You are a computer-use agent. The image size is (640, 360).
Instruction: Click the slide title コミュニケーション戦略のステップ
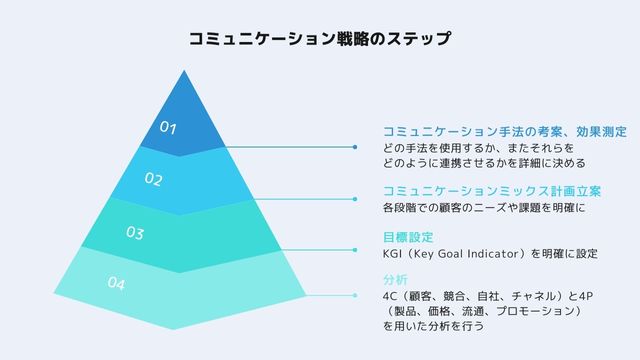(319, 40)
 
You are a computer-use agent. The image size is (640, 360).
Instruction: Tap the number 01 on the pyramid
(168, 128)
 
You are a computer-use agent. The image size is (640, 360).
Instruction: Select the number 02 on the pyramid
(152, 180)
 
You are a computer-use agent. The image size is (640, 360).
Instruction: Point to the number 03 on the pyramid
(135, 233)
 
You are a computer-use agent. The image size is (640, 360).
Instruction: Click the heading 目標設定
(407, 237)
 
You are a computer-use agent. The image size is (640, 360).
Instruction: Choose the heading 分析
(395, 279)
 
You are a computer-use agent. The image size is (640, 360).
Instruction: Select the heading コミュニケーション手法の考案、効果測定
(504, 131)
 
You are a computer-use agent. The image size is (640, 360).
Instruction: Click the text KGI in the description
(394, 254)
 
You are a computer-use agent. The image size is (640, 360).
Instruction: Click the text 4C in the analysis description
(390, 296)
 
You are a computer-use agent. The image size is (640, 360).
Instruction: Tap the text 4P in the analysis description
(588, 296)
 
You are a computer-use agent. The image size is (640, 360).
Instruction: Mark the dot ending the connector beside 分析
(356, 295)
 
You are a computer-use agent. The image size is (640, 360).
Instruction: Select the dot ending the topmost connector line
(356, 147)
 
